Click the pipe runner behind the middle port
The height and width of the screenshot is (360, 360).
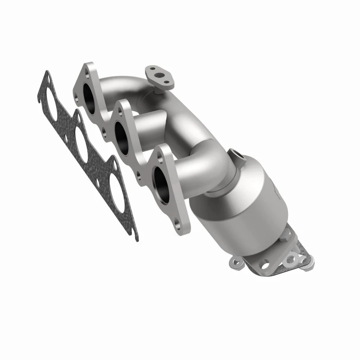[146, 126]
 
